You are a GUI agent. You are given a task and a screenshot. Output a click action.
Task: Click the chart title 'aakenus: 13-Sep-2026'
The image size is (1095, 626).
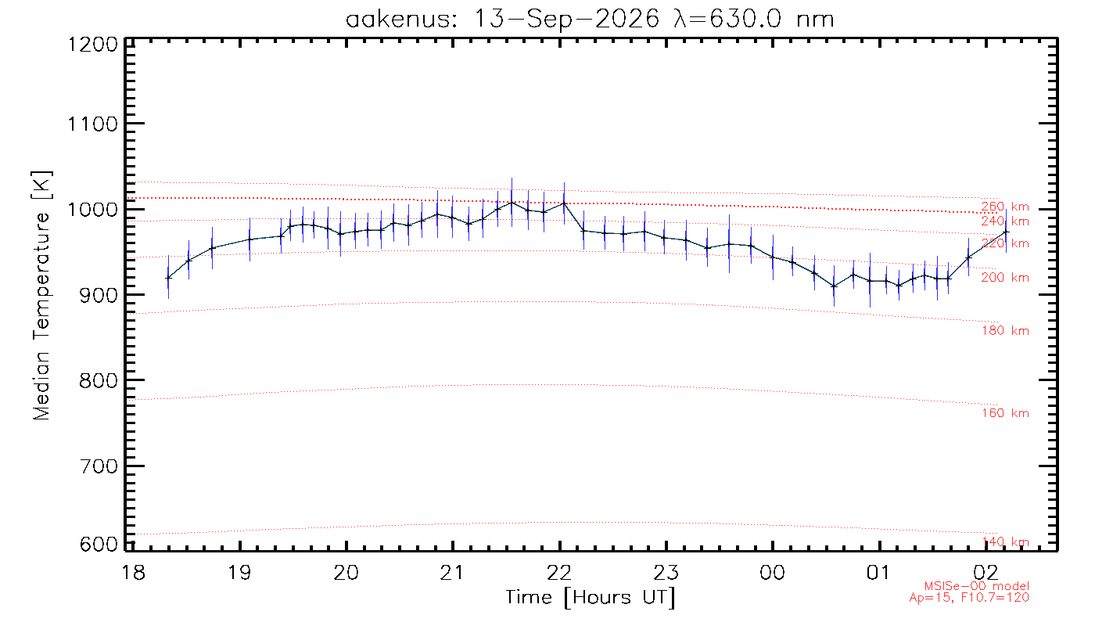pyautogui.click(x=503, y=20)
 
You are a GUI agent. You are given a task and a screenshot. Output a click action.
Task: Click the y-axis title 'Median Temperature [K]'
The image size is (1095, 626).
pyautogui.click(x=41, y=296)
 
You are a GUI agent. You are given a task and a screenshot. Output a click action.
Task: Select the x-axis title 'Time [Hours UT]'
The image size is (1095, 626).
pyautogui.click(x=590, y=598)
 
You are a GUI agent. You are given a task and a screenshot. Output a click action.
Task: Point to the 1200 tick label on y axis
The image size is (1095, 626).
pyautogui.click(x=93, y=45)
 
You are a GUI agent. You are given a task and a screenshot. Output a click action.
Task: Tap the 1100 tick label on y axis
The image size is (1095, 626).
pyautogui.click(x=93, y=124)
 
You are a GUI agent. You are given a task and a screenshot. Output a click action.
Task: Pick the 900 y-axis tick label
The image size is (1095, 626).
pyautogui.click(x=99, y=296)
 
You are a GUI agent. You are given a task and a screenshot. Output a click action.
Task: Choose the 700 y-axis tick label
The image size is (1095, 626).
pyautogui.click(x=99, y=466)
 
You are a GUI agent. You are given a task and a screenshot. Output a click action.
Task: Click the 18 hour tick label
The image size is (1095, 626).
pyautogui.click(x=133, y=572)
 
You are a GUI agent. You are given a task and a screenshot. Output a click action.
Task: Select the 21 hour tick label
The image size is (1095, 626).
pyautogui.click(x=452, y=572)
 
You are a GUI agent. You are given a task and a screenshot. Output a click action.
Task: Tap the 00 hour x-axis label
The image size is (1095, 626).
pyautogui.click(x=773, y=572)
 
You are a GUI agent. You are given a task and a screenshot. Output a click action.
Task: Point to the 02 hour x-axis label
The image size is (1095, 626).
pyautogui.click(x=985, y=572)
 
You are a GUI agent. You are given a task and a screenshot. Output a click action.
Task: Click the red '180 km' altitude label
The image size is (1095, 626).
pyautogui.click(x=1005, y=331)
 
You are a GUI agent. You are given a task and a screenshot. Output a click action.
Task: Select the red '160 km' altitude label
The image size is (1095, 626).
pyautogui.click(x=1005, y=413)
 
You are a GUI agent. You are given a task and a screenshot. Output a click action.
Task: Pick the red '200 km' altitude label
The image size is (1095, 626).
pyautogui.click(x=1005, y=278)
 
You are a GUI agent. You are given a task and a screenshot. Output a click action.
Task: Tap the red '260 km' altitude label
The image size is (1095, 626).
pyautogui.click(x=1005, y=207)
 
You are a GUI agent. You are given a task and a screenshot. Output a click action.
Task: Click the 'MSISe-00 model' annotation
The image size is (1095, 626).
pyautogui.click(x=977, y=586)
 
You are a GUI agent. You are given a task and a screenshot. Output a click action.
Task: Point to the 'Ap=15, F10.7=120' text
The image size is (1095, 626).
pyautogui.click(x=969, y=598)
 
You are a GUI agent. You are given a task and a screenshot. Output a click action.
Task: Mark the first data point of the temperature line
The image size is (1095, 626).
pyautogui.click(x=168, y=278)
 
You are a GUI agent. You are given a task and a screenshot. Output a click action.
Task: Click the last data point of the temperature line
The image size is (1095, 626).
pyautogui.click(x=1006, y=232)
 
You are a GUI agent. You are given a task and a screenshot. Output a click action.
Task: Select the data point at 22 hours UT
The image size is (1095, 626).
pyautogui.click(x=564, y=203)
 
